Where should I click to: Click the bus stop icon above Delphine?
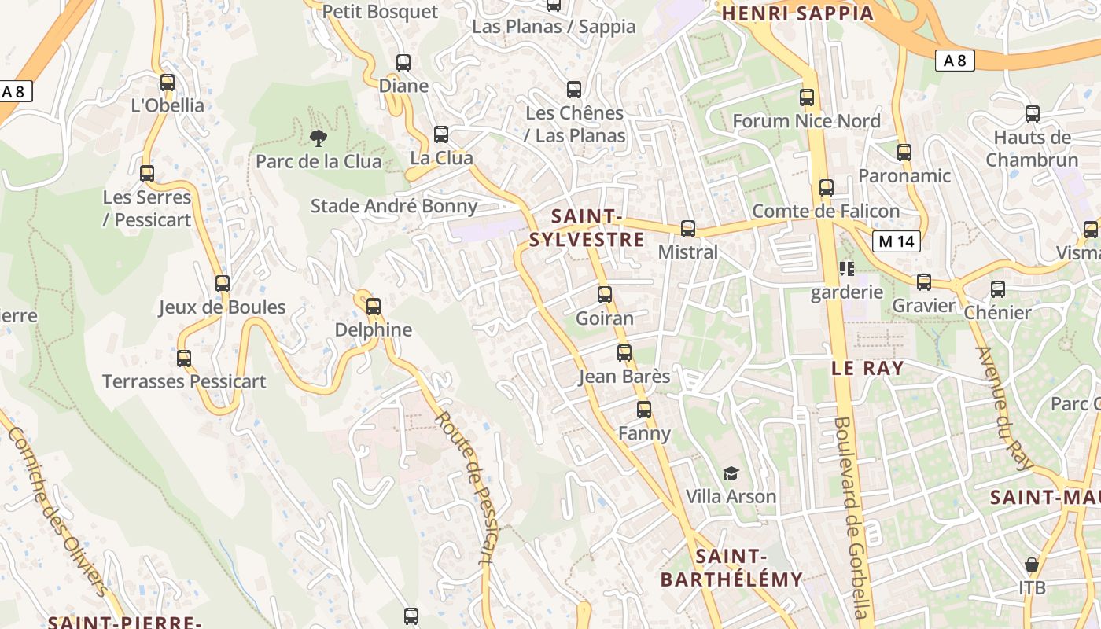pyautogui.click(x=374, y=306)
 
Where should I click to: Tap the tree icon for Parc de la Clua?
pyautogui.click(x=319, y=138)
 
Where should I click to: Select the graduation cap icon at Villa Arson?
pyautogui.click(x=731, y=473)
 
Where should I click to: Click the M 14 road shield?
pyautogui.click(x=897, y=241)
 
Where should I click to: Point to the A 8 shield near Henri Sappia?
pyautogui.click(x=955, y=60)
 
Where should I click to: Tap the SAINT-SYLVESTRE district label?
pyautogui.click(x=587, y=228)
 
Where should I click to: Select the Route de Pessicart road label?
pyautogui.click(x=465, y=487)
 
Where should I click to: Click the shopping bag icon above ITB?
pyautogui.click(x=1032, y=565)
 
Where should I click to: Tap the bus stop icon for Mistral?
pyautogui.click(x=688, y=229)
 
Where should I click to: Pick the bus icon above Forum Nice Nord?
pyautogui.click(x=807, y=97)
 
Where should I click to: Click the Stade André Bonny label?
pyautogui.click(x=394, y=206)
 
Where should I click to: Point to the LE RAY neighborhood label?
pyautogui.click(x=867, y=368)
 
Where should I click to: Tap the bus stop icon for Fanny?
pyautogui.click(x=644, y=410)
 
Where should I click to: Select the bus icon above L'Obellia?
pyautogui.click(x=167, y=83)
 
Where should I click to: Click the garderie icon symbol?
pyautogui.click(x=847, y=269)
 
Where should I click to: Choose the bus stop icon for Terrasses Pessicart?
pyautogui.click(x=184, y=359)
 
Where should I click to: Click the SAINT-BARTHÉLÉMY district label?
pyautogui.click(x=731, y=568)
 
